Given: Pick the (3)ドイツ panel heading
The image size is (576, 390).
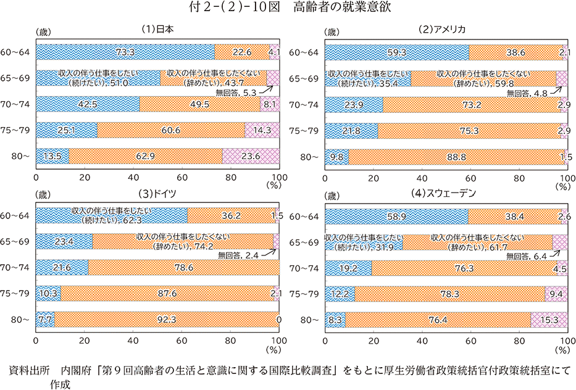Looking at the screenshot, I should click(x=156, y=193).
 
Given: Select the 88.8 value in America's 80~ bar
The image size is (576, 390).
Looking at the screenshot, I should click(x=457, y=157).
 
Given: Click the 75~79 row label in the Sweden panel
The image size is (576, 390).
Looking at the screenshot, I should click(x=304, y=294).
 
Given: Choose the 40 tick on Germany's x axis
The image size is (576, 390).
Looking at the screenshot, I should click(x=133, y=340).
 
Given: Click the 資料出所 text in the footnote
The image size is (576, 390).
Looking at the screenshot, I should click(x=30, y=370).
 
